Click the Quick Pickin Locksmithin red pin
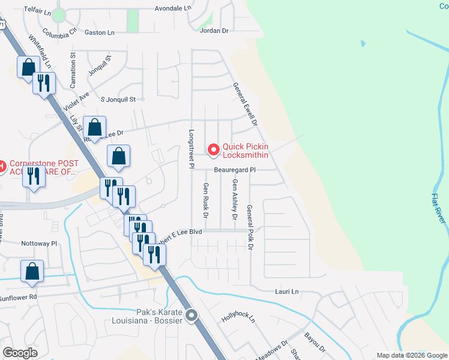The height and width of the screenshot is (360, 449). pos(212,149)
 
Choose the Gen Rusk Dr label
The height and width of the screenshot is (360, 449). pos(206,200)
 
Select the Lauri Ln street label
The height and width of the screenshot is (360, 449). pos(286,292)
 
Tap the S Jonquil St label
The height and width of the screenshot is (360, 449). pos(118,99)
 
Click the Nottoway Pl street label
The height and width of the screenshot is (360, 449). pos(38,244)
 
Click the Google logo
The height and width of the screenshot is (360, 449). pos(20,353)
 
